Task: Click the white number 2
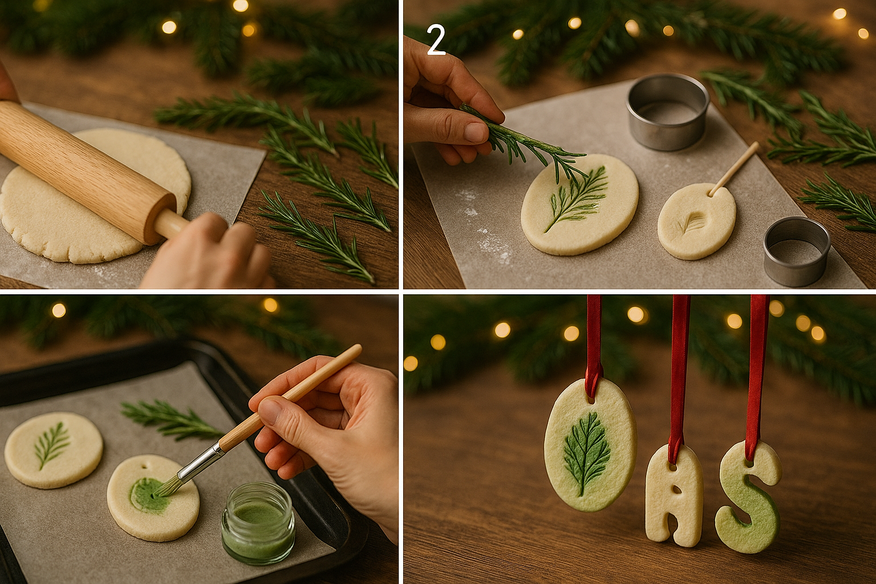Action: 436,40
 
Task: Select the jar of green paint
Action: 258,522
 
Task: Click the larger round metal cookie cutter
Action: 668,111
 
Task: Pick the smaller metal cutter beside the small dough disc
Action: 797,251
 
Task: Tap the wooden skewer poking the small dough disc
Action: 733,169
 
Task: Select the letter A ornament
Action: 674,496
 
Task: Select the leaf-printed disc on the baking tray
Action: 54,450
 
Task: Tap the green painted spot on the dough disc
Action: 148,495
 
